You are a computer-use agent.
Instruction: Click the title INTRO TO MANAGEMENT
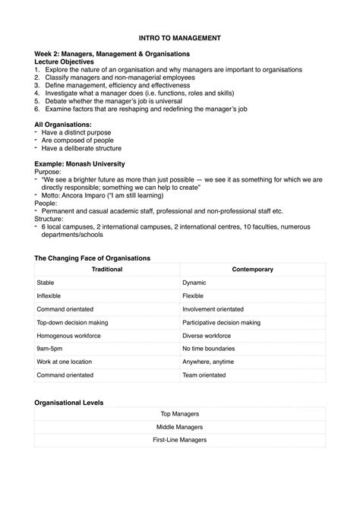[180, 36]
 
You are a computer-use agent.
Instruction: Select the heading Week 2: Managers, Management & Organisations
[112, 54]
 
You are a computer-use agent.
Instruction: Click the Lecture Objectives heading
[69, 62]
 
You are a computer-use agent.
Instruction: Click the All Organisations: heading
[64, 124]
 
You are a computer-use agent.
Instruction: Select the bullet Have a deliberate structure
[84, 148]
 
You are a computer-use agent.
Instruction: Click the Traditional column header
[107, 269]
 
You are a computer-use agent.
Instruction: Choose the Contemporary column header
[252, 269]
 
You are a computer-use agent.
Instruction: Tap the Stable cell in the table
[46, 282]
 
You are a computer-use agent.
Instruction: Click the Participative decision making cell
[221, 322]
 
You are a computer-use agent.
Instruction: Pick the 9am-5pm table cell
[50, 349]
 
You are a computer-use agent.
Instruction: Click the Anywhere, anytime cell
[208, 362]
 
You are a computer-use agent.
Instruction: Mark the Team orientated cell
[206, 375]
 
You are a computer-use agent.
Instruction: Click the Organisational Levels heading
[69, 402]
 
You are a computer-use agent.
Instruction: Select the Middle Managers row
[180, 427]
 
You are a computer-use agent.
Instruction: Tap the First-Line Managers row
[180, 440]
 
